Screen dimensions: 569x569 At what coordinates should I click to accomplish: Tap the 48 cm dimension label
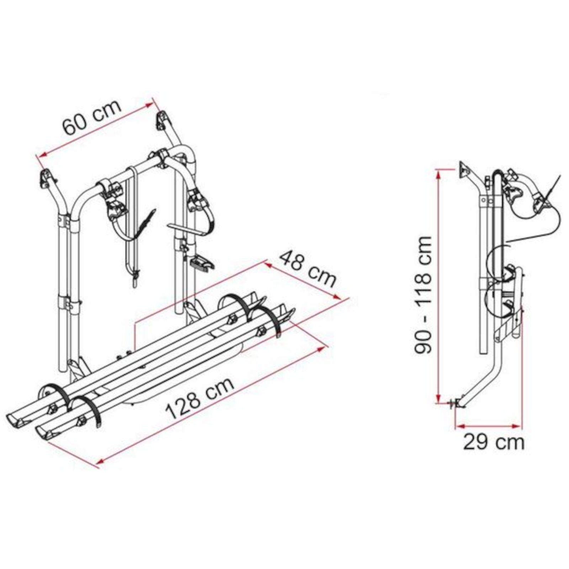click(x=308, y=269)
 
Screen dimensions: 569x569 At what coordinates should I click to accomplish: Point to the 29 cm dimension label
click(x=494, y=442)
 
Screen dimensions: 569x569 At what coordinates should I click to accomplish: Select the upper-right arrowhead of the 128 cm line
click(x=322, y=348)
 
